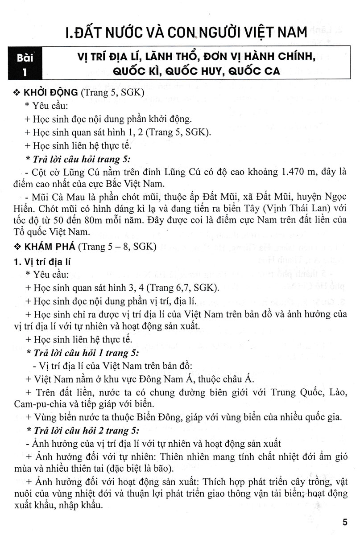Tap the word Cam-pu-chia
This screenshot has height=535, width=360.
tap(35, 404)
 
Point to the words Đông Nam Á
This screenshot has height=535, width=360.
tap(189, 379)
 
